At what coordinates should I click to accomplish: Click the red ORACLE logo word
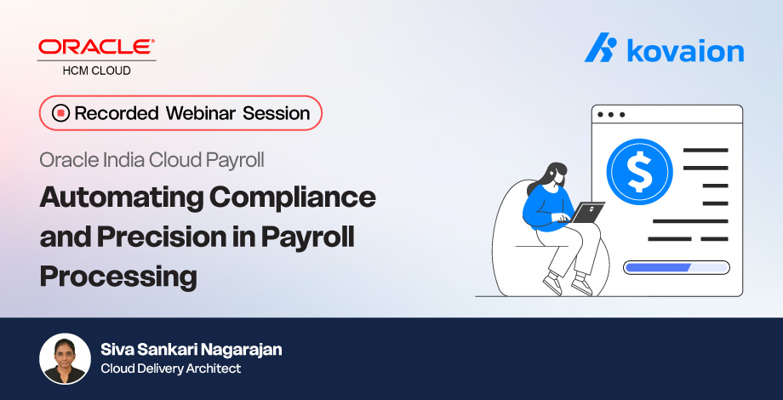tap(96, 47)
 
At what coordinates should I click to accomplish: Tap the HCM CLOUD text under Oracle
tap(96, 71)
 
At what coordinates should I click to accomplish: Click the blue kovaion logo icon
tap(600, 49)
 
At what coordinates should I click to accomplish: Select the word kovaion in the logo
tap(685, 50)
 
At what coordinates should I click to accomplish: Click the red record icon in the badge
tap(60, 113)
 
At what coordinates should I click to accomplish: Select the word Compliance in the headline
tap(291, 198)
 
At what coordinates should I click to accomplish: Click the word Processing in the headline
tap(118, 277)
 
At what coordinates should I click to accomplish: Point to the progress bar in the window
tap(677, 267)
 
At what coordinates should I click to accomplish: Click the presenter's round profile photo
tap(65, 358)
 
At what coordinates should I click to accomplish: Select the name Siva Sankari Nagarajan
tap(191, 350)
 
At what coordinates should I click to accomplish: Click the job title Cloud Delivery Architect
tap(170, 369)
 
